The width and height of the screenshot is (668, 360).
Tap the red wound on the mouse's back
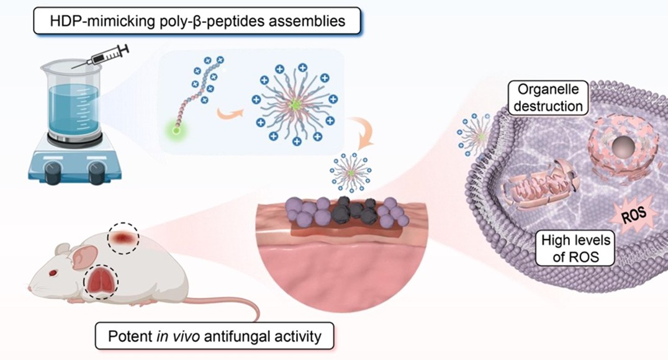(122, 238)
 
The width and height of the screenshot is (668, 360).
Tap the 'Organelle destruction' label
(546, 98)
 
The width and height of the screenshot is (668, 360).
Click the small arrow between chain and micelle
(227, 112)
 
